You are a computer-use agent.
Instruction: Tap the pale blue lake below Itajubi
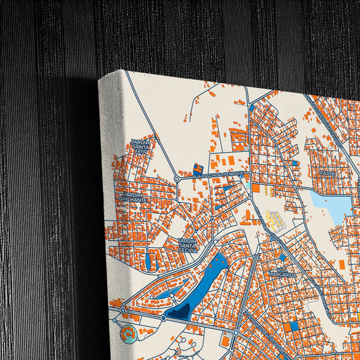[331, 203]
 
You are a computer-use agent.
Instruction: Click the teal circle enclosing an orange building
[128, 332]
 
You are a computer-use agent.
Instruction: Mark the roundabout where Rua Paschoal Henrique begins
[177, 179]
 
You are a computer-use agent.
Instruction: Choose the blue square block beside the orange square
[294, 326]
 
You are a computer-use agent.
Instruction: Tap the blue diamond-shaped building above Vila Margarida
[282, 257]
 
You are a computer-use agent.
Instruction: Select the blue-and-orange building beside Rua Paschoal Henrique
[197, 167]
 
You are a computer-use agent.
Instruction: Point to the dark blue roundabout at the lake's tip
[163, 317]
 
